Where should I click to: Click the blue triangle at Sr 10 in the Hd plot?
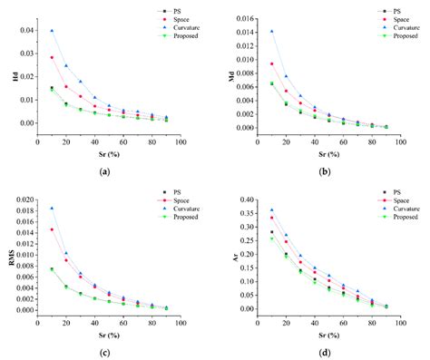[52, 31]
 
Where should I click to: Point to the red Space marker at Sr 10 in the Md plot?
[271, 63]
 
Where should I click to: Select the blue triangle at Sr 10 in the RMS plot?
[52, 208]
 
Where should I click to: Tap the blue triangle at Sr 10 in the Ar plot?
[271, 210]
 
